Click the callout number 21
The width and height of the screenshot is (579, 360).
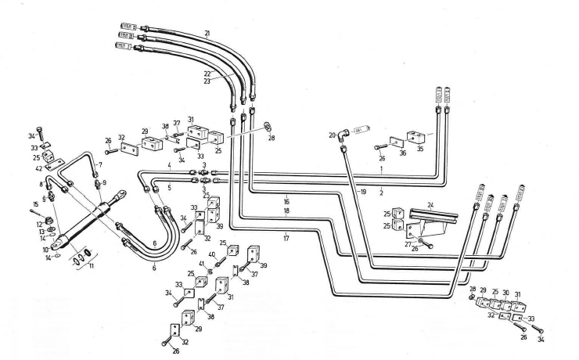pos(207,33)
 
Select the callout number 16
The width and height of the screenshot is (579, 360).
pos(287,201)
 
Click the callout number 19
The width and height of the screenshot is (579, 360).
pos(361,191)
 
